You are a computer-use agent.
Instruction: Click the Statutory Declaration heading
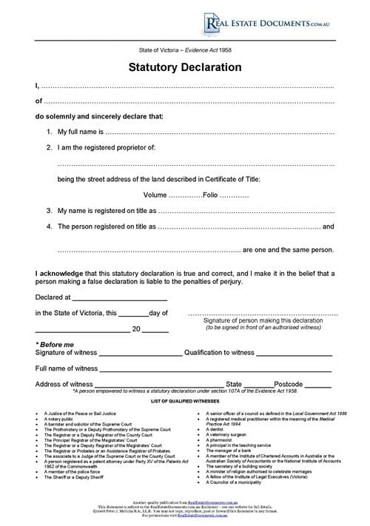[x=185, y=67]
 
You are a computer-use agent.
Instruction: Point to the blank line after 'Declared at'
[x=119, y=298]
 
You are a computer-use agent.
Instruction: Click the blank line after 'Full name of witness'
[x=215, y=369]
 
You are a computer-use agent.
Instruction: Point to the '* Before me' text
[x=55, y=345]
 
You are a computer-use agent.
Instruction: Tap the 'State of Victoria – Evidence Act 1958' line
[x=185, y=50]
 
